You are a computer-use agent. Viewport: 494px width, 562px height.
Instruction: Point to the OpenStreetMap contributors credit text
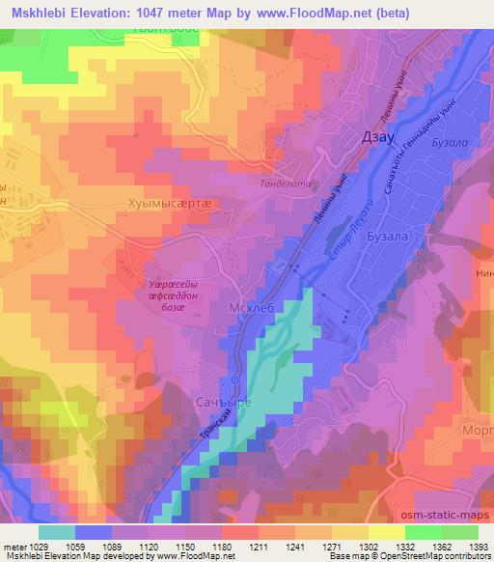coord(439,556)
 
